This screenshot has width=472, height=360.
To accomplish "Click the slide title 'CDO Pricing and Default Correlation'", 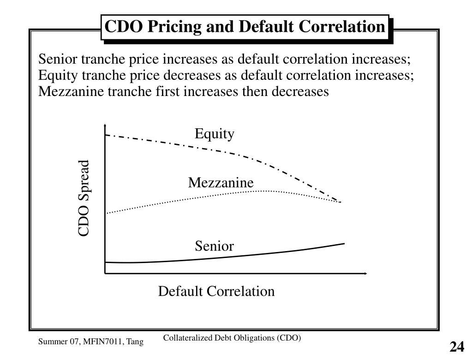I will [x=245, y=27].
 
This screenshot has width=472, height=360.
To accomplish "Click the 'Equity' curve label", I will [x=214, y=134].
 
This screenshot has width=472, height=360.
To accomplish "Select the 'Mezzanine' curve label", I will [x=221, y=183].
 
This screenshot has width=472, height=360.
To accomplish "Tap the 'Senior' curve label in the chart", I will [x=214, y=246].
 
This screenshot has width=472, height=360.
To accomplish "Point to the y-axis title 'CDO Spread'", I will [x=84, y=198].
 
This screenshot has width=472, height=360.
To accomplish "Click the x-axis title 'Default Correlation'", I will [x=216, y=292].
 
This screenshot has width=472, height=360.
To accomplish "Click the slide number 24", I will [x=457, y=347].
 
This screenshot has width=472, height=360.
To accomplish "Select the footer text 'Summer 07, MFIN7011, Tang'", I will [x=90, y=342].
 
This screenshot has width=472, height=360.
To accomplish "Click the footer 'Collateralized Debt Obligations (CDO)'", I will [x=232, y=338].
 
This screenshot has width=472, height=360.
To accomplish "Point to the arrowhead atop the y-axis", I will [x=106, y=126].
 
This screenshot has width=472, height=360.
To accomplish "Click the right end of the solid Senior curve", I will [x=344, y=243].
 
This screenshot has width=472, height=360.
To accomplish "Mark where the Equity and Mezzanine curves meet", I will [x=341, y=202].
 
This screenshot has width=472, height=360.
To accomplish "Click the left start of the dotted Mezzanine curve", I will [x=107, y=213].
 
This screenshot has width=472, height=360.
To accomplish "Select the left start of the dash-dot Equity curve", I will [x=107, y=135].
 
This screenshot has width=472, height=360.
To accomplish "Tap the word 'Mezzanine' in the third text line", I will [x=71, y=91].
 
